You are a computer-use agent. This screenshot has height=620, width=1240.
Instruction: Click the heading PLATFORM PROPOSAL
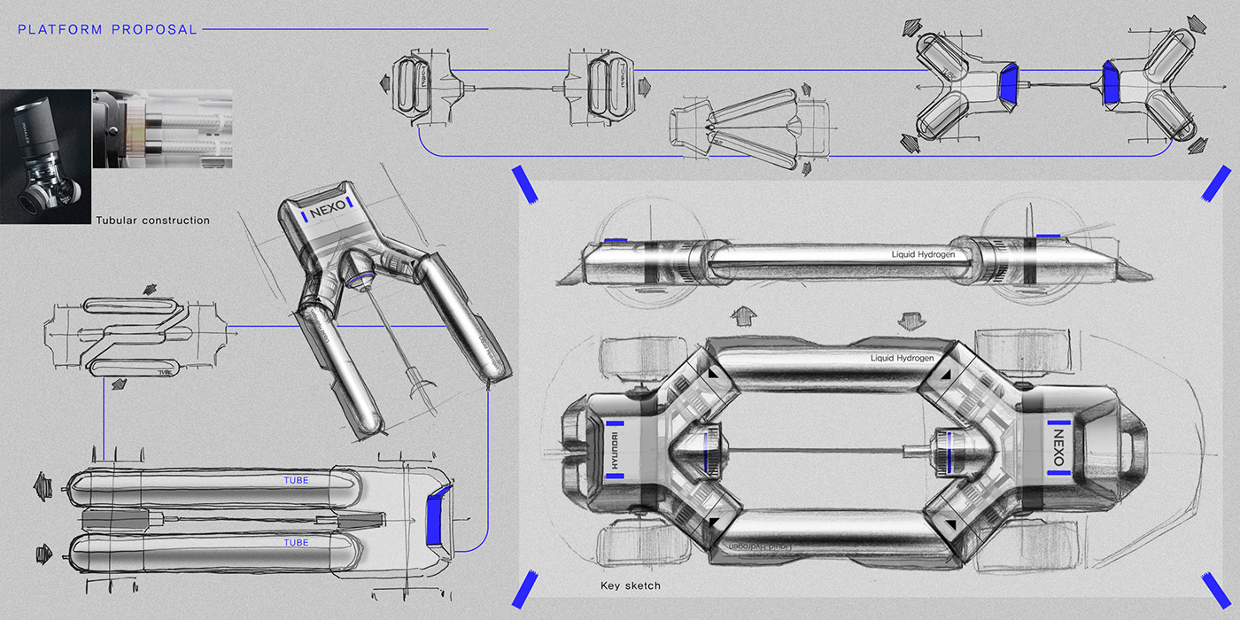click(107, 29)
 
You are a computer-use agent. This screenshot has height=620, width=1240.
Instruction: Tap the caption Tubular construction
click(152, 220)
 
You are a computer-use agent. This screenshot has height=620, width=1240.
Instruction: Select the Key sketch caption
click(630, 585)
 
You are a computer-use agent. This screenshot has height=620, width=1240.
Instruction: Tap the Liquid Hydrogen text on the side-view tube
click(925, 254)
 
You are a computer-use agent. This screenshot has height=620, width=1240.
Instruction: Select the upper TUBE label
click(296, 481)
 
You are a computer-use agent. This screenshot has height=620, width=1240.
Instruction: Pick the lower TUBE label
click(296, 542)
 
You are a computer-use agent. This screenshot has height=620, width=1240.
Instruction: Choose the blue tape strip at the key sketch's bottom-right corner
click(1214, 588)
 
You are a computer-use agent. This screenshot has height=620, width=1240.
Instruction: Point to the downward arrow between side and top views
click(907, 316)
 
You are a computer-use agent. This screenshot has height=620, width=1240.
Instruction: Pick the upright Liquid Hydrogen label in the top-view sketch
click(902, 358)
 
